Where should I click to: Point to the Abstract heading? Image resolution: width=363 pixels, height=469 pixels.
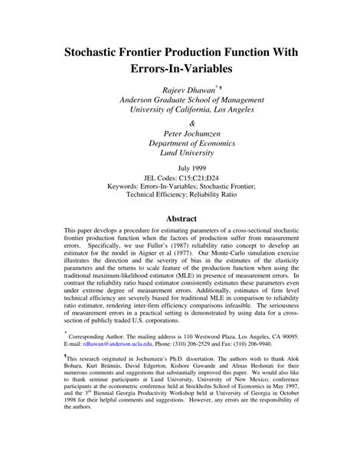point(182,217)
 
